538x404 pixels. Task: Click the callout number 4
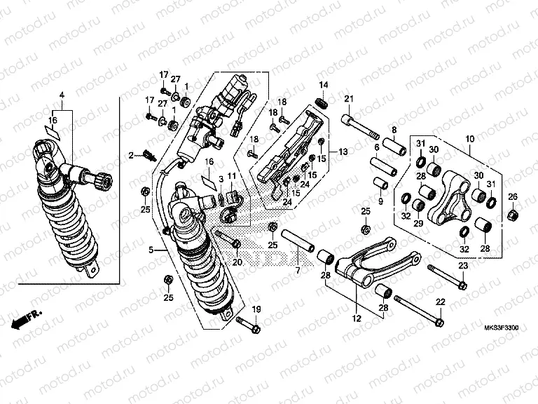tap(62, 94)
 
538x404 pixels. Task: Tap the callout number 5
tap(152, 249)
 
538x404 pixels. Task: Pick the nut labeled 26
tap(512, 214)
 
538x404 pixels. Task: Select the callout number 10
tap(469, 140)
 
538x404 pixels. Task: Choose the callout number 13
tap(343, 151)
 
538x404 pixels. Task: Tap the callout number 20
tap(237, 262)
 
